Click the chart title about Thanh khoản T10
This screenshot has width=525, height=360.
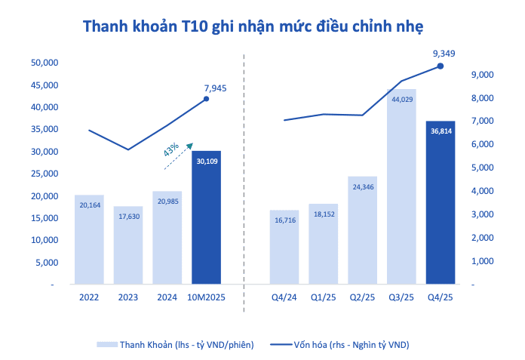(x=253, y=26)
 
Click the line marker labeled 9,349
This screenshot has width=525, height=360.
(x=441, y=66)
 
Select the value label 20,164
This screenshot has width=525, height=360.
(x=89, y=203)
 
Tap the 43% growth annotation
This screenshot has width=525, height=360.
(x=171, y=149)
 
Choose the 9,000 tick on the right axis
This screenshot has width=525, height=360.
(x=482, y=75)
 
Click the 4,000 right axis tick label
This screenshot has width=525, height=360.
(x=482, y=191)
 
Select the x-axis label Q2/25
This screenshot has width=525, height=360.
(x=362, y=296)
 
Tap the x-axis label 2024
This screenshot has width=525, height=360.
(x=167, y=296)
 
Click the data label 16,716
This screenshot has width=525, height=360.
(x=284, y=220)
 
